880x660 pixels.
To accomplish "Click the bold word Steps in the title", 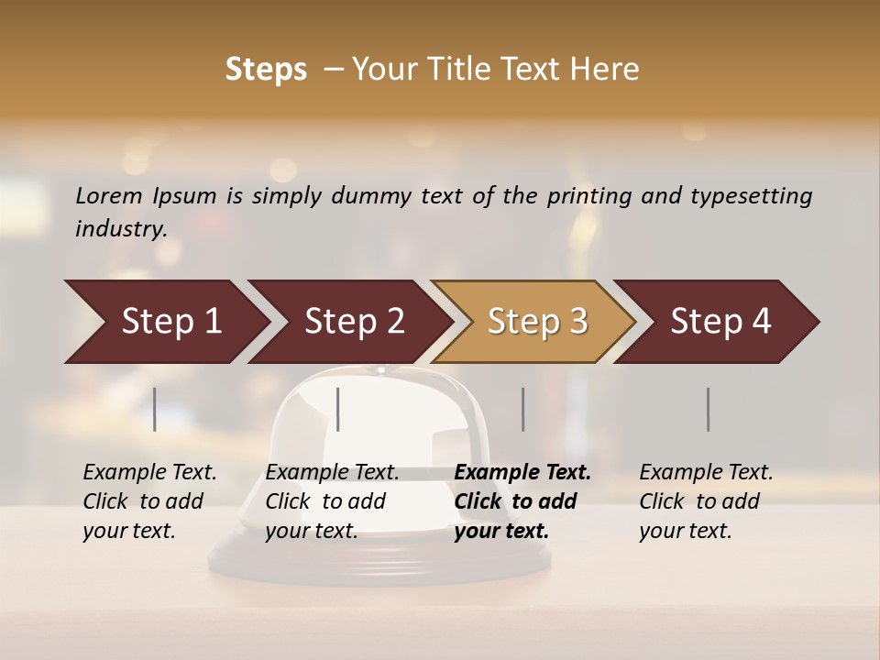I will pos(266,70).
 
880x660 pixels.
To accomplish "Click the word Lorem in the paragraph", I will pos(107,195).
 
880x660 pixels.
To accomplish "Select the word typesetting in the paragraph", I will pos(753,196).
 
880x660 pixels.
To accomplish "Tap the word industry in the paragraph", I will pos(119,229).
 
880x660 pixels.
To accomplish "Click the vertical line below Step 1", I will pos(155,409).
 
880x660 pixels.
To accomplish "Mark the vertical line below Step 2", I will pos(338,409).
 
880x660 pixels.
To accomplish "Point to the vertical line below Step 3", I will pos(523,409).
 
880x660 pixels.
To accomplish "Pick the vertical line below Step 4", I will pos(709,409).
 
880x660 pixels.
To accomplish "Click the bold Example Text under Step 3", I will pos(522,473).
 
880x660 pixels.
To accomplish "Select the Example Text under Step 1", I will pos(149,473).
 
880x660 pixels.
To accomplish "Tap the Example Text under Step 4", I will pos(706,473).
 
